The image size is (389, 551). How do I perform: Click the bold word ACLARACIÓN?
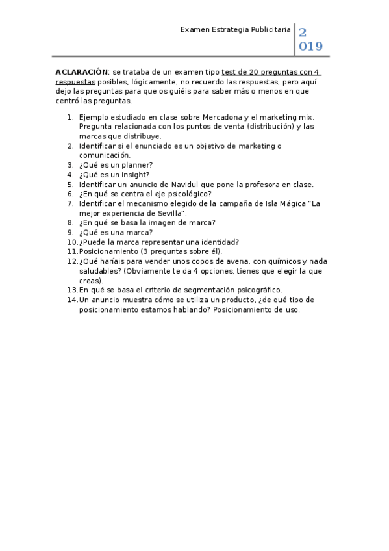81,72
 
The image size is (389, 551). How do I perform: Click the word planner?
133,165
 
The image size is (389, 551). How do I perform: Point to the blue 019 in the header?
310,47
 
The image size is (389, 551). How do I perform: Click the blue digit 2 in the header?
303,32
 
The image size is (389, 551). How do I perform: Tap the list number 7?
70,203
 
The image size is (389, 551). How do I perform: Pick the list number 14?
72,300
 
